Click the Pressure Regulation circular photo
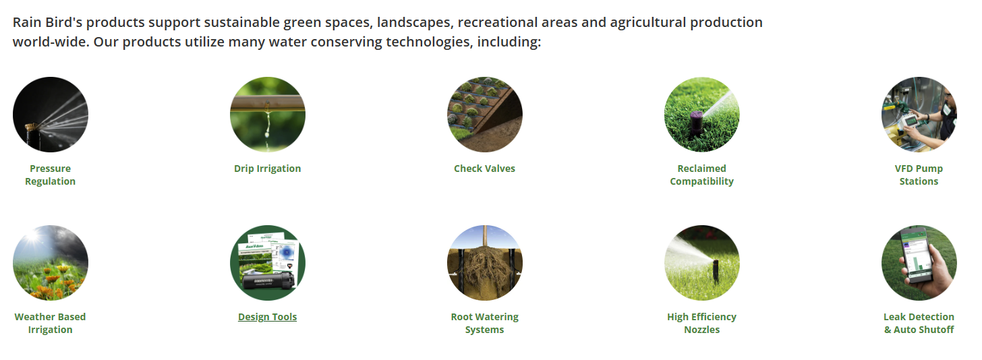[51, 115]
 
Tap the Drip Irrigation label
[267, 169]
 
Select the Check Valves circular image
[485, 115]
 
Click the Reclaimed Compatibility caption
[701, 175]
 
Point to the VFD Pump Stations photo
[919, 115]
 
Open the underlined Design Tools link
[267, 317]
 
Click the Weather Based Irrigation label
[51, 323]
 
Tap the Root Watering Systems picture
[485, 263]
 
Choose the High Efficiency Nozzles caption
[701, 323]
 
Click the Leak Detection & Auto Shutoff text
[919, 323]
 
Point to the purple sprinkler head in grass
[696, 123]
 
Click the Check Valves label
[484, 169]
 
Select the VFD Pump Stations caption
[919, 175]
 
